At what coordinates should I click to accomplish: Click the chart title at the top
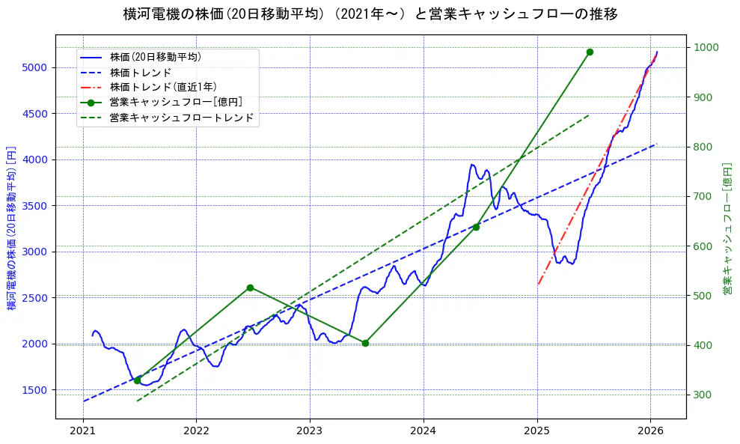[370, 14]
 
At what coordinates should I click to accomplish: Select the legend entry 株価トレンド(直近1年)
[163, 87]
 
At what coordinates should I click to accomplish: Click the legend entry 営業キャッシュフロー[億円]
[175, 103]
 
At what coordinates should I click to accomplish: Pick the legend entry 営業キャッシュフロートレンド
[181, 118]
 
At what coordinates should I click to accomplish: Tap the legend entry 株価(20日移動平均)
[155, 57]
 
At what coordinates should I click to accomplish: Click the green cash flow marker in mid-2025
[590, 52]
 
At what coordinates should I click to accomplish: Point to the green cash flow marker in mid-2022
[250, 288]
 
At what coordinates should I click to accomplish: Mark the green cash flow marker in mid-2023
[365, 343]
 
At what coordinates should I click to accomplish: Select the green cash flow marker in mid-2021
[137, 380]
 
